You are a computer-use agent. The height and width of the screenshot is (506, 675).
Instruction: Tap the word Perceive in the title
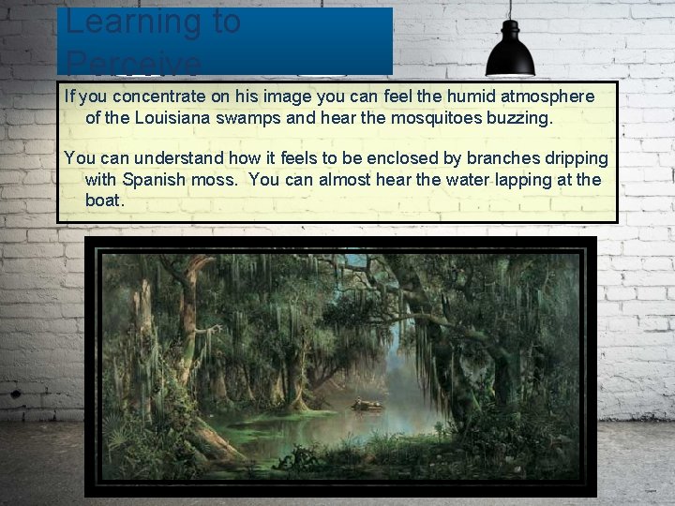(133, 64)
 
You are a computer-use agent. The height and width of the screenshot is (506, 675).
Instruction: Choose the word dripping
(572, 157)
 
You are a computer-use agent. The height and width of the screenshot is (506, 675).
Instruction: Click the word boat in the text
(103, 201)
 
